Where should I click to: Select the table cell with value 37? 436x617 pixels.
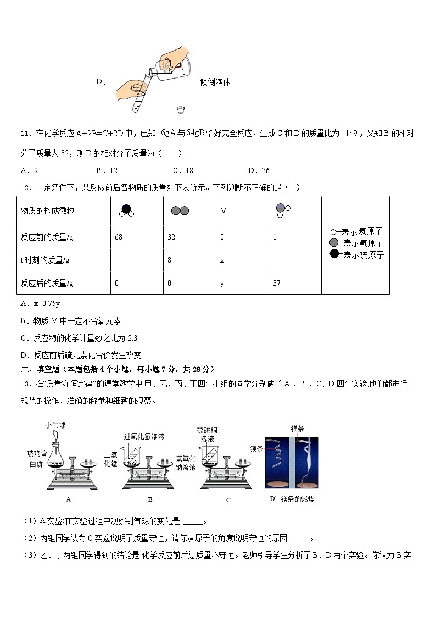coord(294,283)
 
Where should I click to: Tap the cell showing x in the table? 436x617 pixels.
coord(242,260)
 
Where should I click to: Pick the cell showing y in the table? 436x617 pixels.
coord(242,283)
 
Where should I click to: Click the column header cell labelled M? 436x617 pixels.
coord(242,210)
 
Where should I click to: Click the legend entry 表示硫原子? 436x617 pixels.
coord(362,255)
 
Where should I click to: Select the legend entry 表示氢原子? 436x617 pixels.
coord(362,232)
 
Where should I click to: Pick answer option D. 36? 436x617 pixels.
coord(259,170)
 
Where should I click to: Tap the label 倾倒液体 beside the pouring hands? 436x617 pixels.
coord(215,82)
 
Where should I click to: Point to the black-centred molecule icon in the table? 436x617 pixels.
coord(126,210)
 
